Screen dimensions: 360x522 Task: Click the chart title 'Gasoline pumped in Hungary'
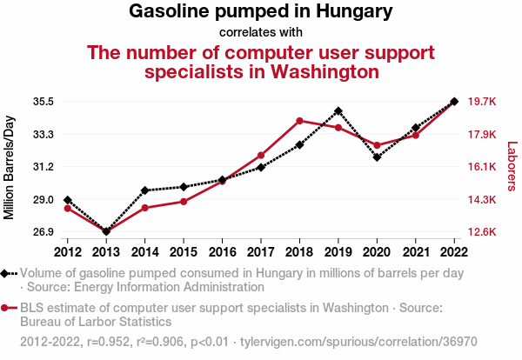260,12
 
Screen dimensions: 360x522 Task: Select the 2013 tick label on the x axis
106,252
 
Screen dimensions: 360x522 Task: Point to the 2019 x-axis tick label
338,252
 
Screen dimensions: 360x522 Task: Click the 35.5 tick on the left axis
43,102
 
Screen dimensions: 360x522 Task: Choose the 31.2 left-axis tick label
43,166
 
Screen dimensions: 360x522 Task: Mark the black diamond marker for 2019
338,111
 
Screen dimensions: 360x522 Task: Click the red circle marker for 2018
299,121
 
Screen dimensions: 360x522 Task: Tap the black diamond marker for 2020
377,157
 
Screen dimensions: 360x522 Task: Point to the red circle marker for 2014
144,208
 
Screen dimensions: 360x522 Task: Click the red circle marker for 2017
261,155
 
